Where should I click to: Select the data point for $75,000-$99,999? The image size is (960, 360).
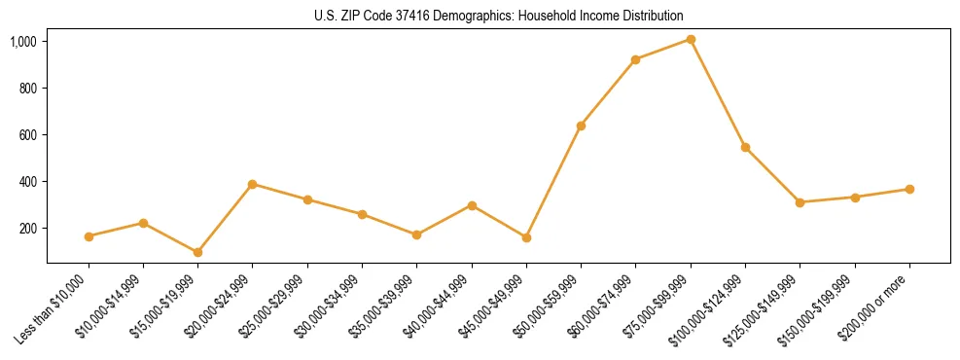point(691,39)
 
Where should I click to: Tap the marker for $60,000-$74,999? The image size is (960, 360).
point(635,59)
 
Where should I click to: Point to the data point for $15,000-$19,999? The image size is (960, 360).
point(197,252)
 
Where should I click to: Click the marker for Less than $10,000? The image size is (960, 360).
point(89,236)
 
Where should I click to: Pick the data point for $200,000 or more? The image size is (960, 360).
point(909,189)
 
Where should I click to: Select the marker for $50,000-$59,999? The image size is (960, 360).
point(581,126)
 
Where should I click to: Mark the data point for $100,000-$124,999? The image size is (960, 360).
point(745,147)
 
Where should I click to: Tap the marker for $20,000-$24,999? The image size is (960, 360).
point(252,184)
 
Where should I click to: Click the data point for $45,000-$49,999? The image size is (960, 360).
point(526,237)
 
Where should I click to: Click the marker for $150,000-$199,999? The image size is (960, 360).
point(855,198)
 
